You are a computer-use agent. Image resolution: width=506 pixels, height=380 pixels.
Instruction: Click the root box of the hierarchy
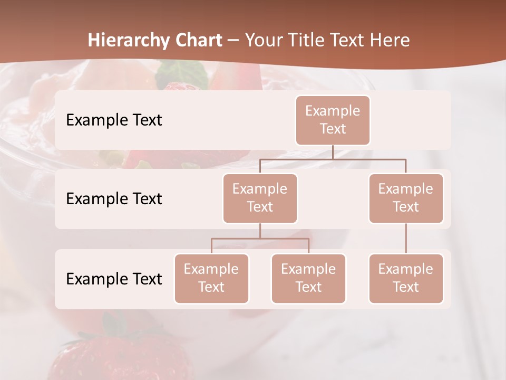pyautogui.click(x=333, y=120)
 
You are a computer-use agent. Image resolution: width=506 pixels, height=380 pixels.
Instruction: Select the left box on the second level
pyautogui.click(x=260, y=198)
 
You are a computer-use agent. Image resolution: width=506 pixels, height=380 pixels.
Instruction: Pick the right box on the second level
pyautogui.click(x=406, y=198)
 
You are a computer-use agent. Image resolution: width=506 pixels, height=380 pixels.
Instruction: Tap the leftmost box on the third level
pyautogui.click(x=211, y=278)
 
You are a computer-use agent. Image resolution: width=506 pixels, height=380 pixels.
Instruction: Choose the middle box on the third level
pyautogui.click(x=308, y=278)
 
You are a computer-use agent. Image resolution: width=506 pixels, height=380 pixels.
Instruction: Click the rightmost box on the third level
pyautogui.click(x=406, y=278)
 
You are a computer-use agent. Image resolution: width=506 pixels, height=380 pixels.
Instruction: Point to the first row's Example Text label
pyautogui.click(x=114, y=120)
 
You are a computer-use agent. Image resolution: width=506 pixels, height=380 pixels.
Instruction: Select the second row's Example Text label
pyautogui.click(x=114, y=198)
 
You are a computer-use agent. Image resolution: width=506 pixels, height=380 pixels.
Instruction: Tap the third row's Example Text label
pyautogui.click(x=114, y=279)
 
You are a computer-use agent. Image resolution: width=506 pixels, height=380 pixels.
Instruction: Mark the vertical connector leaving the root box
pyautogui.click(x=333, y=152)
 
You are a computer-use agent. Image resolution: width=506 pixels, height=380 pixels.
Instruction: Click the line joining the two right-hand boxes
pyautogui.click(x=406, y=239)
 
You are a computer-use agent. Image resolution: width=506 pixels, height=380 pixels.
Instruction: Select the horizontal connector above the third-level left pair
pyautogui.click(x=260, y=239)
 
